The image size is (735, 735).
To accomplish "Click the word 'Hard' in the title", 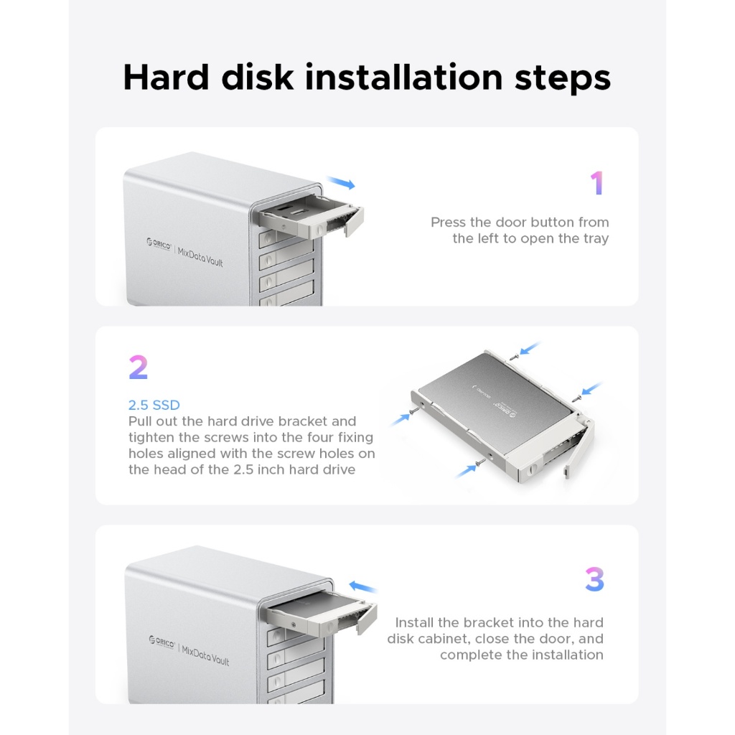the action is (166, 78).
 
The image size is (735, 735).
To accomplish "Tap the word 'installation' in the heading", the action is (404, 78).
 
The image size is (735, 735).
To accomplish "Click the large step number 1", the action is (596, 183).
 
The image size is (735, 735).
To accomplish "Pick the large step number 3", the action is (594, 579).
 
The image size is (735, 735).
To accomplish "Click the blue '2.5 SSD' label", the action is (154, 405).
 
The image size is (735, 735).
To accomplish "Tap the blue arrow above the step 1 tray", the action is (341, 183).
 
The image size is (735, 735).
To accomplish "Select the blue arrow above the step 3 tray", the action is (362, 586).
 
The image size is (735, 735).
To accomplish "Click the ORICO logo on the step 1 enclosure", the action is (159, 244).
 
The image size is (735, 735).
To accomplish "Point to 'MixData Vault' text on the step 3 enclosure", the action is (205, 655).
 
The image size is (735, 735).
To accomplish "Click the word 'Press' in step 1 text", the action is (449, 223).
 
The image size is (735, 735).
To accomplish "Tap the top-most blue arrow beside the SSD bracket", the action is (530, 348).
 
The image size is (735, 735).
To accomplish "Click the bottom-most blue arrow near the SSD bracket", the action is (465, 471).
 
